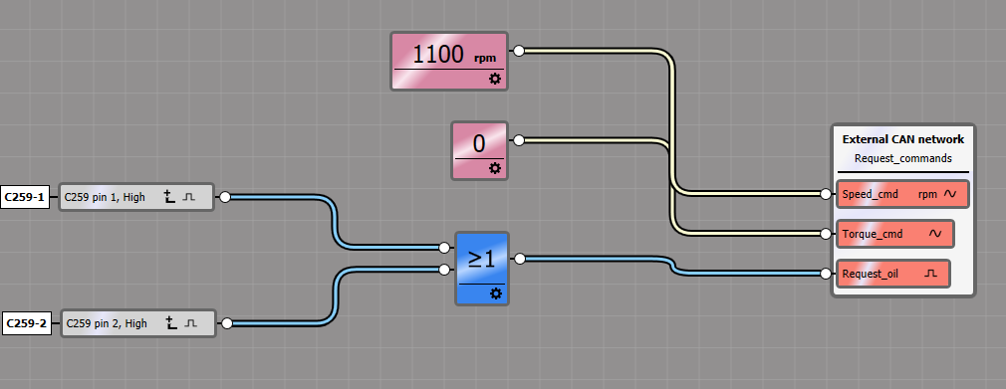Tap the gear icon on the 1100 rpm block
pyautogui.click(x=495, y=79)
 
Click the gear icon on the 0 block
pyautogui.click(x=495, y=169)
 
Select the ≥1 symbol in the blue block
pyautogui.click(x=481, y=259)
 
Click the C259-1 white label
pyautogui.click(x=26, y=197)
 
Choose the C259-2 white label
pyautogui.click(x=26, y=323)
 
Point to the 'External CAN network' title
pyautogui.click(x=902, y=139)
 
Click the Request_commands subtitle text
pyautogui.click(x=902, y=158)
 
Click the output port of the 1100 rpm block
pyautogui.click(x=517, y=49)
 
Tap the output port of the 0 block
pyautogui.click(x=517, y=140)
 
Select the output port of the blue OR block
pyautogui.click(x=518, y=259)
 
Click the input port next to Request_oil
pyautogui.click(x=826, y=274)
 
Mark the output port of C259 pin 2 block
pyautogui.click(x=226, y=323)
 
